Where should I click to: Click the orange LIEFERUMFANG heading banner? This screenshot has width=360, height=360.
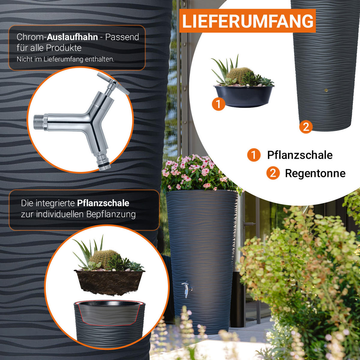[247, 21]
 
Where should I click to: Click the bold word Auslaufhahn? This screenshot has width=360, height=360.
[72, 37]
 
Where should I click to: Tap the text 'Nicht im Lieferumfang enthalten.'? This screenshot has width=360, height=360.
[65, 59]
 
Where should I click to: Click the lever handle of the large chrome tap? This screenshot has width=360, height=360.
[113, 83]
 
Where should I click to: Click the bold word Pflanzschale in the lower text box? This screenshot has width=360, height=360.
[103, 203]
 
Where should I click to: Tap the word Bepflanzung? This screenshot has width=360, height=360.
[111, 214]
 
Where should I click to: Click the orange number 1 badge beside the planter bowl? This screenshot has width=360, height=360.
[218, 104]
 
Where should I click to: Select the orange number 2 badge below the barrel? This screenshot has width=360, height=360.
[306, 127]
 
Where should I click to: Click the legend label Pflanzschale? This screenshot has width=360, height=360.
[300, 155]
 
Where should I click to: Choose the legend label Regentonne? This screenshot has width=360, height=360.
[315, 173]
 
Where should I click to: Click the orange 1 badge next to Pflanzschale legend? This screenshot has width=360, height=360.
[254, 155]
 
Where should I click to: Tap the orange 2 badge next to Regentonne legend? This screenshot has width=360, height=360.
[273, 173]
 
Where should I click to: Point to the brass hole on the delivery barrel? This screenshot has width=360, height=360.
[326, 90]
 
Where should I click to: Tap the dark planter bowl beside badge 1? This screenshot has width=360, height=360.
[244, 96]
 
